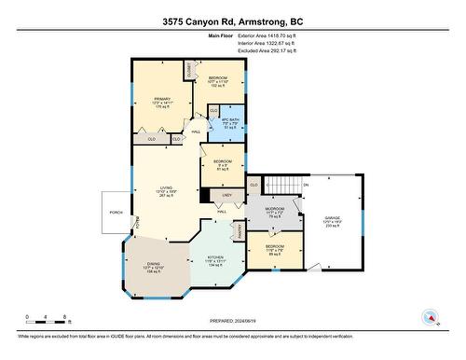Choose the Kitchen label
click(x=215, y=259)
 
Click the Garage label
click(x=333, y=220)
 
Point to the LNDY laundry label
click(x=226, y=196)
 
